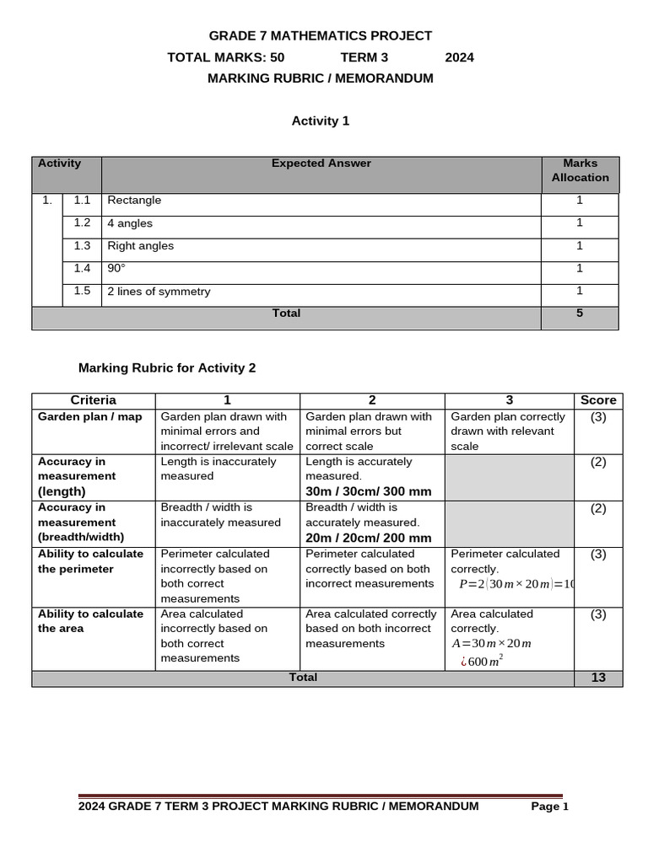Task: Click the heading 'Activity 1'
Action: tap(320, 121)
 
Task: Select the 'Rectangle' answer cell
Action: tap(134, 201)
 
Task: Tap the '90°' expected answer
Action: tap(116, 269)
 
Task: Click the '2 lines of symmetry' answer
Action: tap(159, 292)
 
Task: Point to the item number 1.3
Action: tap(82, 246)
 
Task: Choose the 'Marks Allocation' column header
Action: tap(580, 170)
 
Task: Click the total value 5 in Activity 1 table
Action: tap(579, 314)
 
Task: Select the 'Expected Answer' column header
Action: tap(321, 163)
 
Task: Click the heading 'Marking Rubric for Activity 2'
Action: tap(167, 368)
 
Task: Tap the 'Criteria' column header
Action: tap(94, 400)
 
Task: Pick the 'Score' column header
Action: tap(598, 400)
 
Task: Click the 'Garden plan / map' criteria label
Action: tap(90, 417)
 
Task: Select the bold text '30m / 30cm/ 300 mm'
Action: tap(368, 491)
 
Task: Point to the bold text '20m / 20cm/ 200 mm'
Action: tap(368, 538)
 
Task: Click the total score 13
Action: tap(598, 678)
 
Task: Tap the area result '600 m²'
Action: tap(482, 661)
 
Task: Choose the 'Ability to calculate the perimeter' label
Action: tap(90, 561)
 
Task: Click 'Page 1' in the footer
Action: tap(549, 807)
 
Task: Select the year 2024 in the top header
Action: tap(459, 57)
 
